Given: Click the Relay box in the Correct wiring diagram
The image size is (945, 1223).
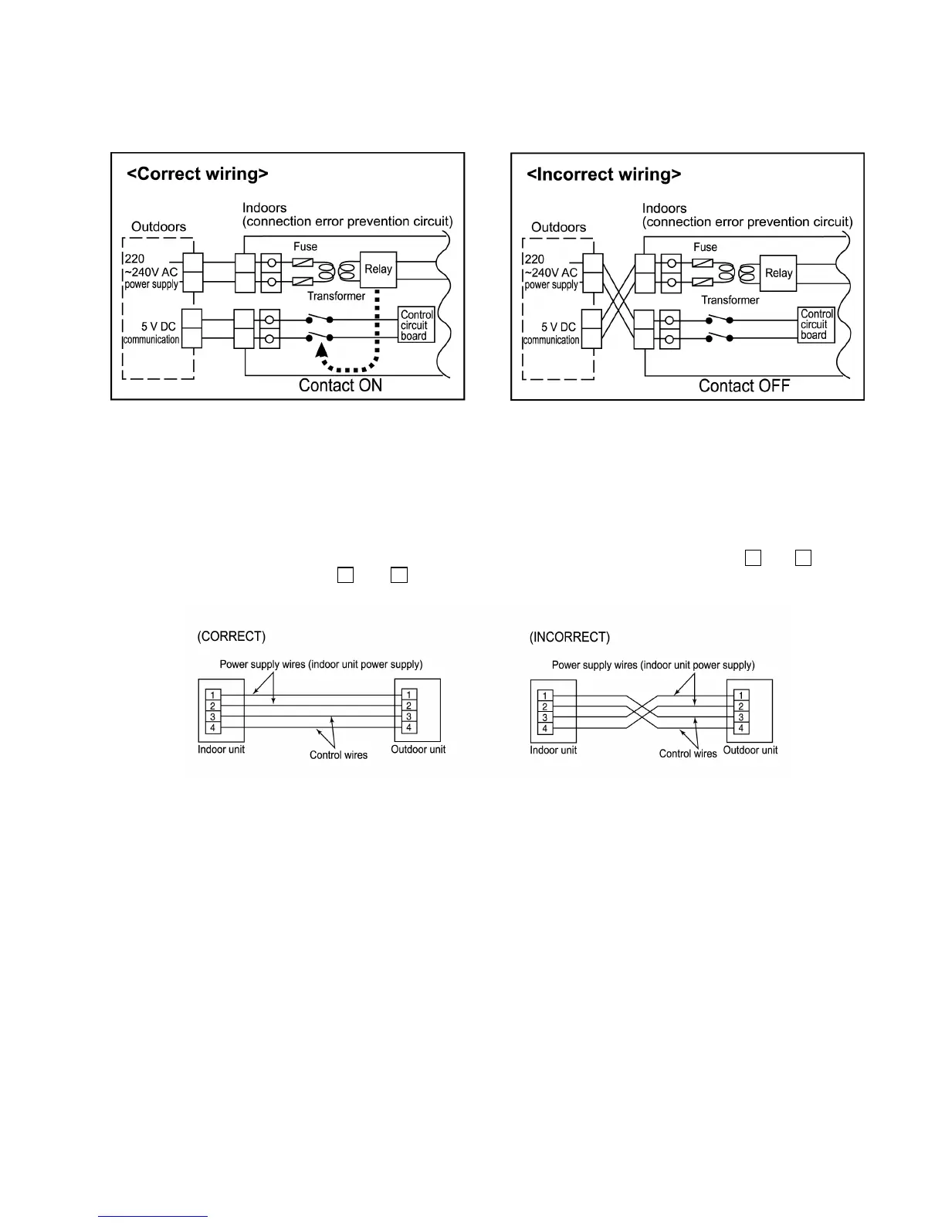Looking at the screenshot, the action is click(378, 269).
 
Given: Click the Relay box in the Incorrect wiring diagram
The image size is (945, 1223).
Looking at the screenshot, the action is click(778, 273).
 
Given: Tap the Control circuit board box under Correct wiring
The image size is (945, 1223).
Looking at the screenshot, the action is click(417, 325).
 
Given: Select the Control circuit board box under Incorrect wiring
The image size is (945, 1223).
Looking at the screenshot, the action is click(816, 324).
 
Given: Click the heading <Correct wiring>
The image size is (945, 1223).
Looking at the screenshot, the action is click(198, 174).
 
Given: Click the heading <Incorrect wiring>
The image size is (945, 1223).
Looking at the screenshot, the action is click(604, 174).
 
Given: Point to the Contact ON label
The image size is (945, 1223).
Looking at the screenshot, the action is click(340, 385).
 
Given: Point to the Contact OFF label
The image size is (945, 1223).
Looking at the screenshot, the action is click(744, 386).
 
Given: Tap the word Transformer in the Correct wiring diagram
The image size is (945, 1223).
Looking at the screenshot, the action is click(336, 296).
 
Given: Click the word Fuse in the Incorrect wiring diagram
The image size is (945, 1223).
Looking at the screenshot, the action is click(705, 247).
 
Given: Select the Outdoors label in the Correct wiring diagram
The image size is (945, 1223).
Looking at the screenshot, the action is click(158, 226).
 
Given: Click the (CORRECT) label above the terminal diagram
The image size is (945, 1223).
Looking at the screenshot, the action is click(232, 636).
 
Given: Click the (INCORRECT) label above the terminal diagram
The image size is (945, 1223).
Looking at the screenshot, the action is click(570, 637).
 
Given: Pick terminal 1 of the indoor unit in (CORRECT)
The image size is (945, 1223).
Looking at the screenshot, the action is click(212, 695).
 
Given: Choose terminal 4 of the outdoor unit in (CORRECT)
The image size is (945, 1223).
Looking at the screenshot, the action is click(408, 727).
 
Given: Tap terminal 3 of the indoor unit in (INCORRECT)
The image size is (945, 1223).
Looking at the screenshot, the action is click(545, 717).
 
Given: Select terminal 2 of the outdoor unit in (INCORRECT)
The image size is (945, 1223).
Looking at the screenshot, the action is click(740, 706).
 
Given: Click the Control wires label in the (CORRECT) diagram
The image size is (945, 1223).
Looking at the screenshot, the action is click(338, 755).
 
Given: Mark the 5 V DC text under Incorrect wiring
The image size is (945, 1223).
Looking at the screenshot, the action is click(559, 327).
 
